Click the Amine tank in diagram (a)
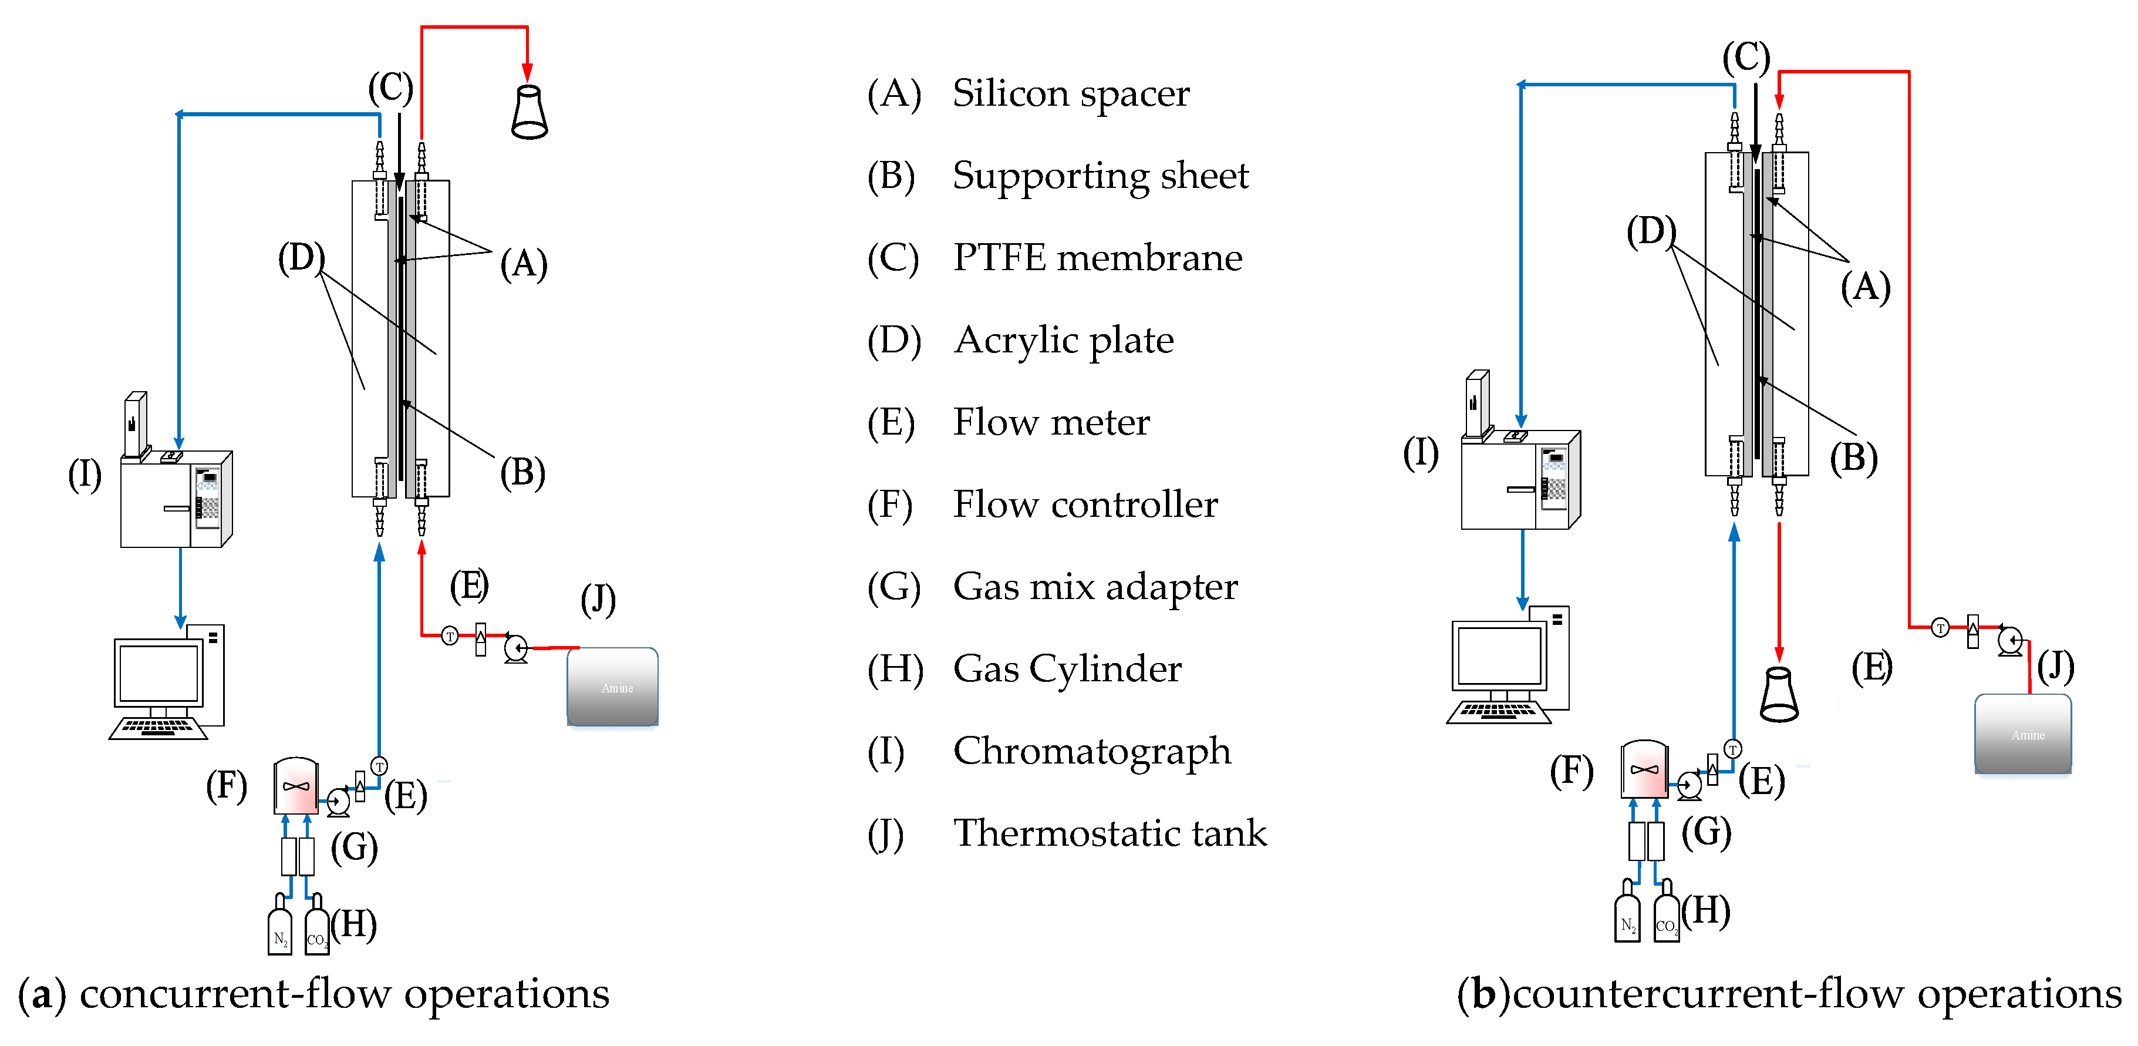612,687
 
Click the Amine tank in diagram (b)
2022,734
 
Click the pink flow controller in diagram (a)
295,785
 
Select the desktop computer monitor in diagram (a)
159,673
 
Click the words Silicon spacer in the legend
1071,93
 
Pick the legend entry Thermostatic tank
1110,833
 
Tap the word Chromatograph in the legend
1091,751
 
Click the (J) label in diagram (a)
598,600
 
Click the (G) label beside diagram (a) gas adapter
355,847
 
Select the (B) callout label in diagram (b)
1853,458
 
